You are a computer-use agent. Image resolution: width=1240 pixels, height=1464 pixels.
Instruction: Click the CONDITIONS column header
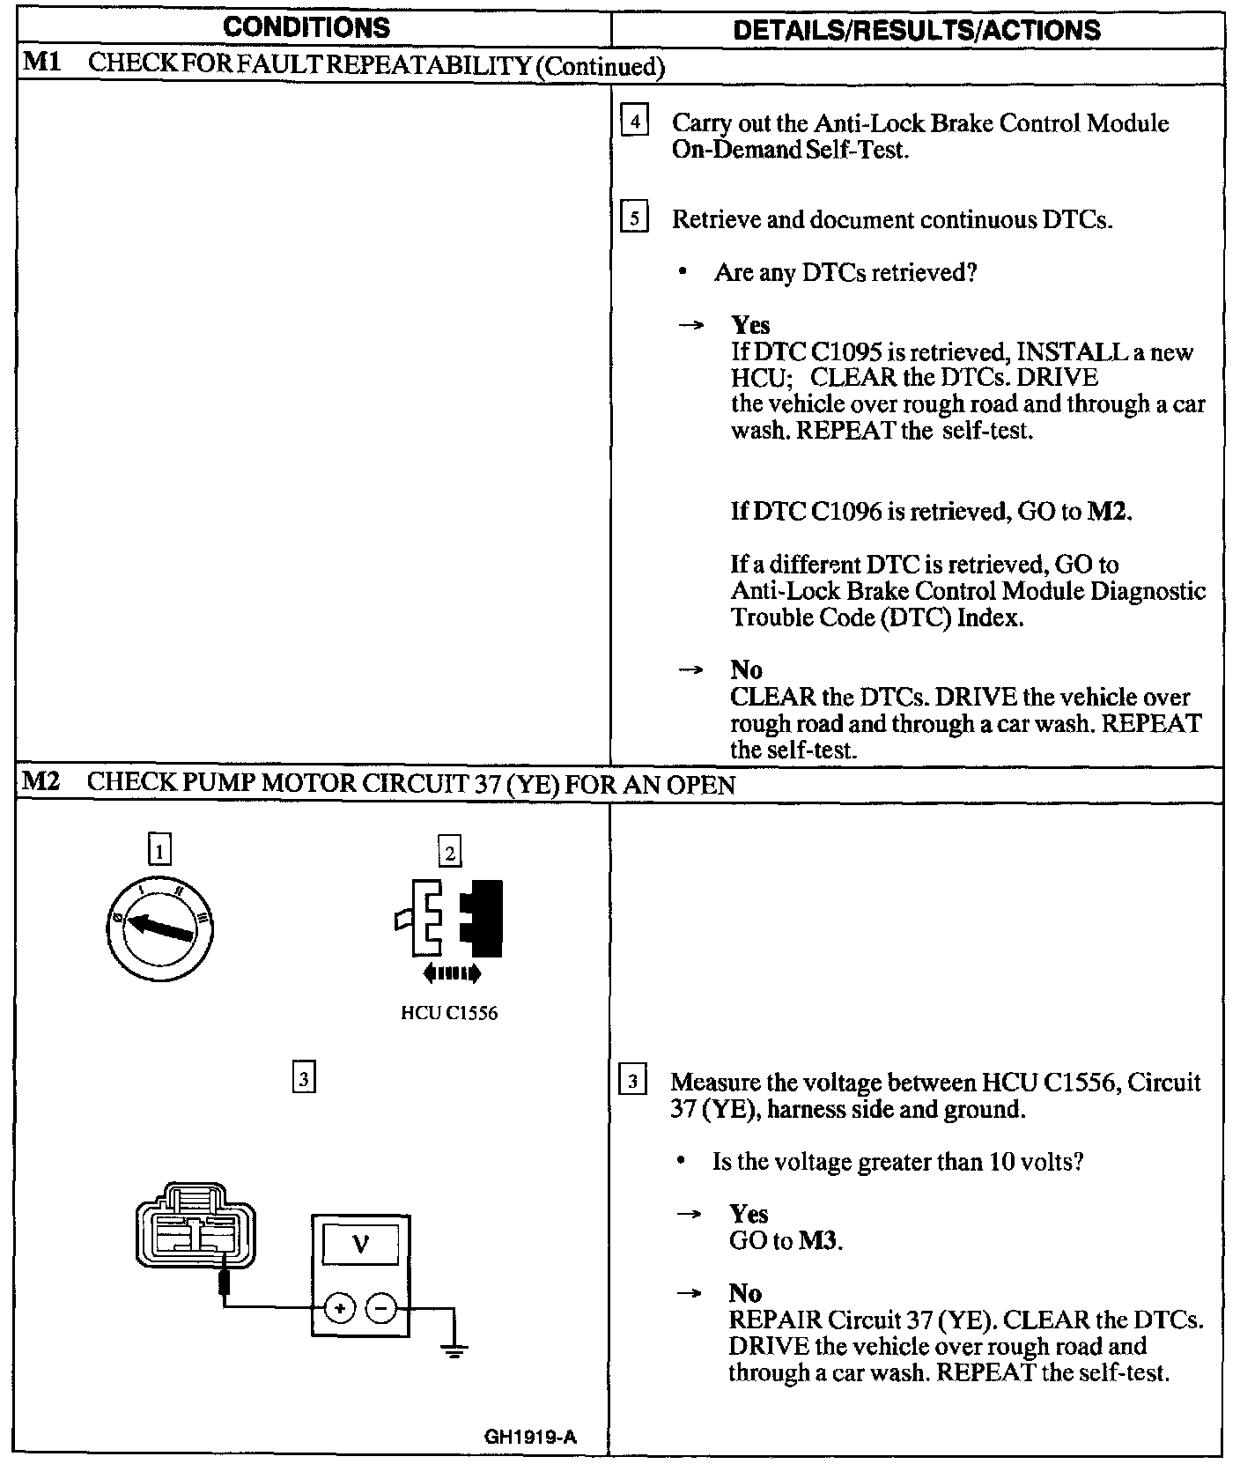pos(306,27)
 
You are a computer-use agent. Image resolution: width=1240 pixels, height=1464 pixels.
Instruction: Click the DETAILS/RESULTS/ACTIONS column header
pos(917,31)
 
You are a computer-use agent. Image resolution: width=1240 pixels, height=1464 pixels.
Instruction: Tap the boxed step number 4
pos(634,121)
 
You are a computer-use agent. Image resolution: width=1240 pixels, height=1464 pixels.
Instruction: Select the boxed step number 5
pos(634,217)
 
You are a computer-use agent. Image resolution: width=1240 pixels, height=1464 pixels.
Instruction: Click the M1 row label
pos(40,64)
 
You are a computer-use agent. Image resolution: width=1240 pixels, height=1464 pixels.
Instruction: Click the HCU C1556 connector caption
pos(449,1013)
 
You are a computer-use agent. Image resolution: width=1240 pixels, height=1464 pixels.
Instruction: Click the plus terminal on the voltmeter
pos(340,1309)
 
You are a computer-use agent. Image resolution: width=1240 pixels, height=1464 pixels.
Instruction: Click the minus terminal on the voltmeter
pos(380,1309)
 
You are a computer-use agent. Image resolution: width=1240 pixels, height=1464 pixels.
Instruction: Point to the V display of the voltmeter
pos(360,1244)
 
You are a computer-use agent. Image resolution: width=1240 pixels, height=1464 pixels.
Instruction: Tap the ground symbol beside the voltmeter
pos(454,1350)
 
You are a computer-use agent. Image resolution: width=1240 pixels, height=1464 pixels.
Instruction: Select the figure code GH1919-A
pos(530,1437)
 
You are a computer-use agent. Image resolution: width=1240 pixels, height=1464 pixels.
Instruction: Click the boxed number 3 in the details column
pos(633,1080)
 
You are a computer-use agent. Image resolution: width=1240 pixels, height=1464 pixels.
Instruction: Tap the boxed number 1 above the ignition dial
pos(159,850)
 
